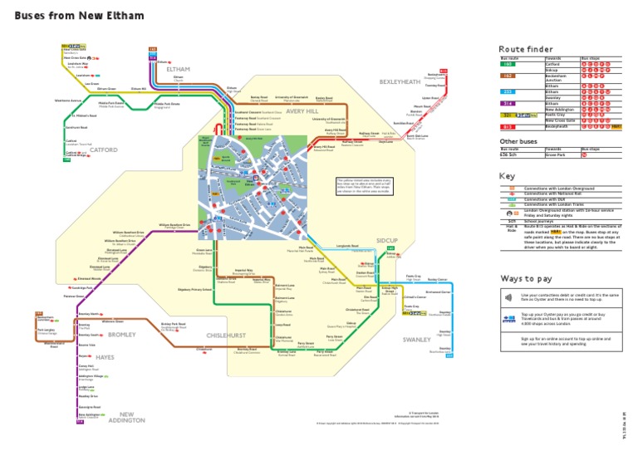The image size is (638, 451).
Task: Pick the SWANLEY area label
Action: tap(416, 340)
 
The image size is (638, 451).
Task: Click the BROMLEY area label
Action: tap(121, 334)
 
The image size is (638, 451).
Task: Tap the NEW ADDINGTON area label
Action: tap(126, 417)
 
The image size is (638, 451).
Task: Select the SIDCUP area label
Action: tap(387, 240)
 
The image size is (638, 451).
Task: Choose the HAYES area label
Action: tap(105, 356)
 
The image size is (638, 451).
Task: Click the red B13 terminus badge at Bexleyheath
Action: tap(444, 71)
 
